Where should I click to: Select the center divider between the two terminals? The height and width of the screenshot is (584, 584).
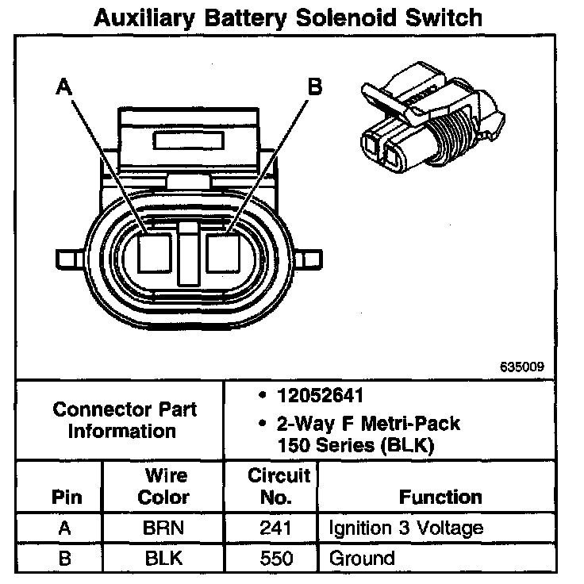[x=188, y=254]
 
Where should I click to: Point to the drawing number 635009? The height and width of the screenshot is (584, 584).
[x=522, y=367]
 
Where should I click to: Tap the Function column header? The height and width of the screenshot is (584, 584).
[x=440, y=498]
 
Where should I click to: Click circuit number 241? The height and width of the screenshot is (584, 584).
[x=276, y=528]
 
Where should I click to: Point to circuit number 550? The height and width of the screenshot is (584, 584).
[x=276, y=558]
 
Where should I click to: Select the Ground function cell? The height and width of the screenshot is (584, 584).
[x=362, y=558]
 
